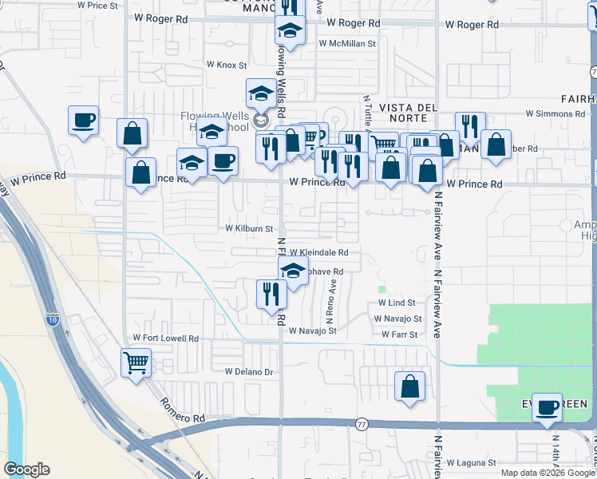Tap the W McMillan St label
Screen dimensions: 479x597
tap(346, 43)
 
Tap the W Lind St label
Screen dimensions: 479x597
tap(397, 303)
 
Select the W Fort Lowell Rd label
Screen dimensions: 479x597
tap(166, 338)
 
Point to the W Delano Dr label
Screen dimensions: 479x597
tap(249, 372)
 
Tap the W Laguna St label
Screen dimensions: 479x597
tap(471, 462)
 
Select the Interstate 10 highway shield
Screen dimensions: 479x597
tap(52, 320)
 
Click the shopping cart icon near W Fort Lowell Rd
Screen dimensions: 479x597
tap(136, 362)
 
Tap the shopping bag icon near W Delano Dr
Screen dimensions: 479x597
tap(409, 386)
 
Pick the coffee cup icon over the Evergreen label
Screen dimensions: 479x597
tap(548, 407)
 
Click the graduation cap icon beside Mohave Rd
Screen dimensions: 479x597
tap(293, 270)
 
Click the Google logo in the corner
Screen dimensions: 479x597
tap(27, 469)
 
